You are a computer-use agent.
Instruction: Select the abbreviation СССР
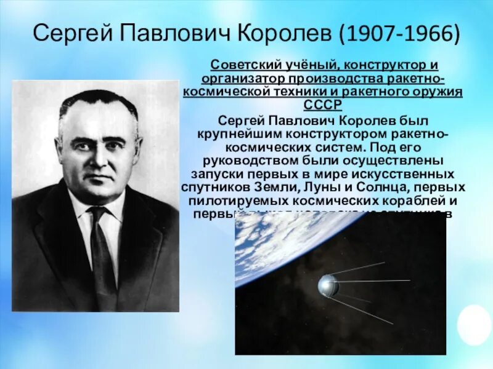point(323,105)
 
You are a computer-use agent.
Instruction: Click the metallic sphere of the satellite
point(327,285)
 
